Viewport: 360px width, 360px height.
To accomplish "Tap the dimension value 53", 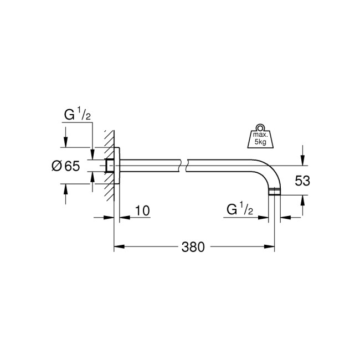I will (x=303, y=181).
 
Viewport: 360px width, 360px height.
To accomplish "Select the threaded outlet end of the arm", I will (x=275, y=192).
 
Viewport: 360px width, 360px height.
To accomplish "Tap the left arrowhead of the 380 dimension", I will (x=118, y=247).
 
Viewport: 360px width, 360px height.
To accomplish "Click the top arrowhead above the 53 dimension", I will (x=302, y=160).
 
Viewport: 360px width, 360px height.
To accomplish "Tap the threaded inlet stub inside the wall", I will (x=109, y=165).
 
